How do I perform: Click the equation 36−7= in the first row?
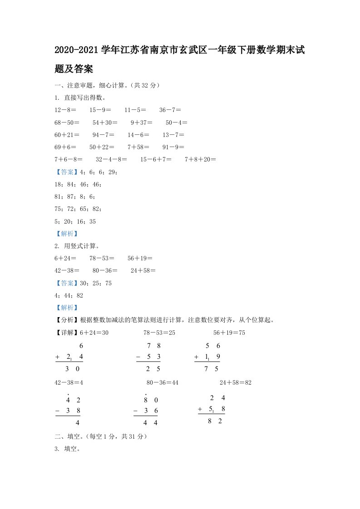[171, 110]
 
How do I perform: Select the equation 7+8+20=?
[200, 160]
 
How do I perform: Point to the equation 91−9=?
[173, 147]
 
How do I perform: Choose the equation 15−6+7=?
[156, 160]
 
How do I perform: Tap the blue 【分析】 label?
[67, 320]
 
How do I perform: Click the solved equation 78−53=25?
[159, 333]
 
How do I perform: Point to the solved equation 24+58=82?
[235, 383]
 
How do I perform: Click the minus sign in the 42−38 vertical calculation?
[58, 411]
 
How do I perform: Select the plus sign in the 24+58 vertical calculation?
[200, 409]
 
